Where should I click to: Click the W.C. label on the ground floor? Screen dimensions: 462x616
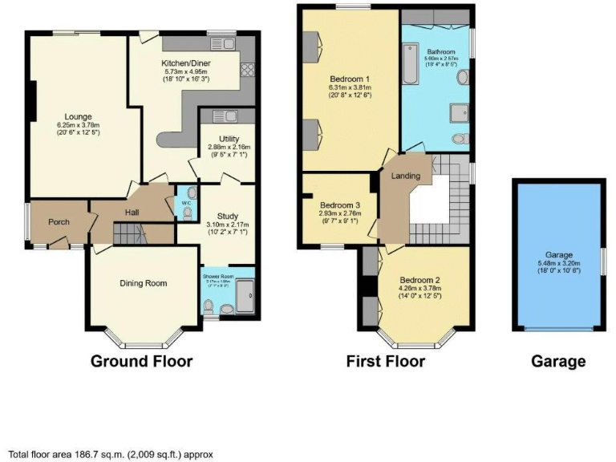coord(185,204)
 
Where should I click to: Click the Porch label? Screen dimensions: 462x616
coord(58,222)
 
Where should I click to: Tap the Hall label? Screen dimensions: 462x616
coord(133,212)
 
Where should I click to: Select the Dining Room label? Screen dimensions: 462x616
coord(143,282)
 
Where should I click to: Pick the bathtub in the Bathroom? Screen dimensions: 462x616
coord(410,67)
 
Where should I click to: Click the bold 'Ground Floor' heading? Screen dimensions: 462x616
coord(141,361)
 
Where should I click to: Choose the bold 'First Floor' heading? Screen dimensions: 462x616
coord(385,361)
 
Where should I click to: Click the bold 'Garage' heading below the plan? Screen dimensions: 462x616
coord(557,361)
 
